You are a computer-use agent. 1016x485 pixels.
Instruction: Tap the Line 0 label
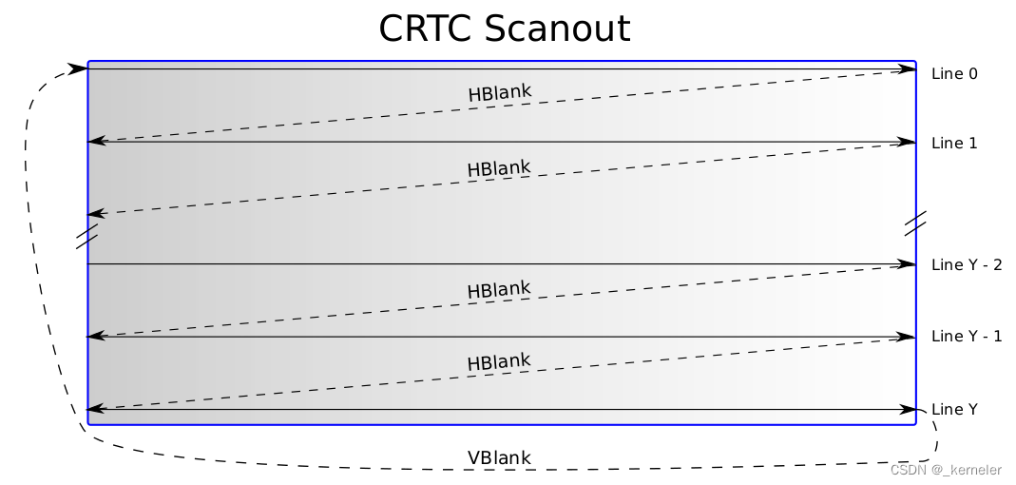(x=954, y=73)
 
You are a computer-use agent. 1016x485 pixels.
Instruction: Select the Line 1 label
(x=954, y=143)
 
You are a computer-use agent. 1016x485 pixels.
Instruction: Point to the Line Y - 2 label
(x=967, y=264)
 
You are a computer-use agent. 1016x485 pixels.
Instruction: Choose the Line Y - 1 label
(x=967, y=336)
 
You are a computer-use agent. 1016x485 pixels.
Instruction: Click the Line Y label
(x=954, y=409)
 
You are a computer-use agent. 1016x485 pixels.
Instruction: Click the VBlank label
(x=499, y=457)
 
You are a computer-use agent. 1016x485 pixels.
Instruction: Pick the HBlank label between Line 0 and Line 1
(x=499, y=93)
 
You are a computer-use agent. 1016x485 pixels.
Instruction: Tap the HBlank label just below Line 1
(x=498, y=168)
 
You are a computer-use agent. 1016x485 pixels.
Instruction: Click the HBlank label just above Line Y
(x=498, y=362)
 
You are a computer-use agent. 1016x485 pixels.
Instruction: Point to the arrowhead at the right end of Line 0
(x=907, y=68)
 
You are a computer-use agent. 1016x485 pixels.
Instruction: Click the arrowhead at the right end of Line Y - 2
(x=907, y=263)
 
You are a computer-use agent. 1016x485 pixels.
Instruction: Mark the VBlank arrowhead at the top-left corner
(x=78, y=68)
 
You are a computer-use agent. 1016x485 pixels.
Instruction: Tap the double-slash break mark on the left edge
(x=86, y=236)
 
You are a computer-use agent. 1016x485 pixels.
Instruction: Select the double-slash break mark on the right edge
(x=915, y=223)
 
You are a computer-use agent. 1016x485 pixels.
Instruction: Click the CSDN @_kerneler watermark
(x=946, y=470)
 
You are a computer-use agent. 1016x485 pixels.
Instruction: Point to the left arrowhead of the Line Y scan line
(x=95, y=410)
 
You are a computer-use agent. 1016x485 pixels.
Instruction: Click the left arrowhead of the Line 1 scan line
(x=95, y=142)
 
